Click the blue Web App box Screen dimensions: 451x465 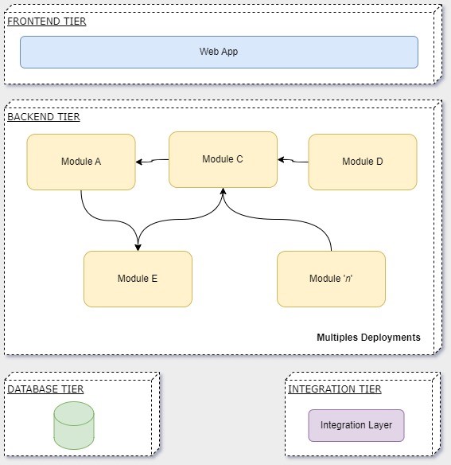pos(219,53)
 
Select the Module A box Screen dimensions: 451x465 pos(81,162)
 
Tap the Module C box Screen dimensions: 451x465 pos(224,159)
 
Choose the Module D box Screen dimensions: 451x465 pos(363,162)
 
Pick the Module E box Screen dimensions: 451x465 pos(138,279)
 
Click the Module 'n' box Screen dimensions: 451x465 pos(331,279)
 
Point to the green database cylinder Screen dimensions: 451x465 pos(74,425)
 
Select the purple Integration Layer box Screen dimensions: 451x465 pos(356,425)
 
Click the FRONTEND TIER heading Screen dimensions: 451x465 pos(47,21)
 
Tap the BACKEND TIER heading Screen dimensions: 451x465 pos(44,117)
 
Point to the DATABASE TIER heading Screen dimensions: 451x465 pos(45,389)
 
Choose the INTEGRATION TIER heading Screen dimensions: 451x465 pos(335,389)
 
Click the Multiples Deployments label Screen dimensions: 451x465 pos(368,338)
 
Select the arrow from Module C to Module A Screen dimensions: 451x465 pos(152,161)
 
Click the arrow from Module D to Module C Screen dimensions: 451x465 pos(293,161)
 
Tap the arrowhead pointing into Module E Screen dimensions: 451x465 pos(138,248)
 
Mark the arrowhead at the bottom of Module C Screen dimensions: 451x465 pos(224,191)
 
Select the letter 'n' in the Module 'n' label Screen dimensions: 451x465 pos(348,279)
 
